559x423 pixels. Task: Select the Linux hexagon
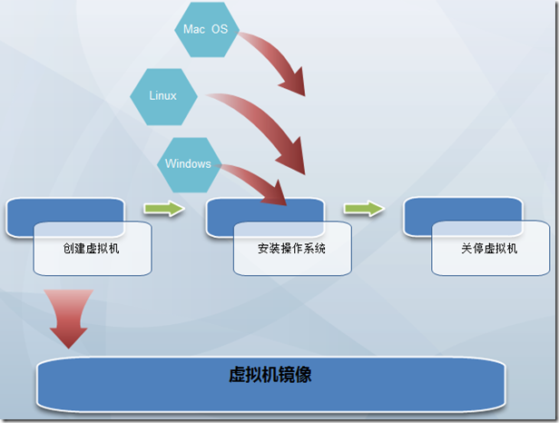163,96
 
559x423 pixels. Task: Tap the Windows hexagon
189,164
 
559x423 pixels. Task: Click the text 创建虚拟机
92,248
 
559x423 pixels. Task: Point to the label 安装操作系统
292,248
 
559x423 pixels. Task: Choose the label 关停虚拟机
488,248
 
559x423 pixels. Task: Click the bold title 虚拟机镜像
270,374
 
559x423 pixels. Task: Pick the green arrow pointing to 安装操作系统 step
163,210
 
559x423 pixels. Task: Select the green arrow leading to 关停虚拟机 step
363,210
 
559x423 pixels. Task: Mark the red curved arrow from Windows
259,182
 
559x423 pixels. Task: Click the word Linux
163,96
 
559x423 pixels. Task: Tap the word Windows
189,164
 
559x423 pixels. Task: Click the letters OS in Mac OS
220,30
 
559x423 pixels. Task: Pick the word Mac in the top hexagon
194,30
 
